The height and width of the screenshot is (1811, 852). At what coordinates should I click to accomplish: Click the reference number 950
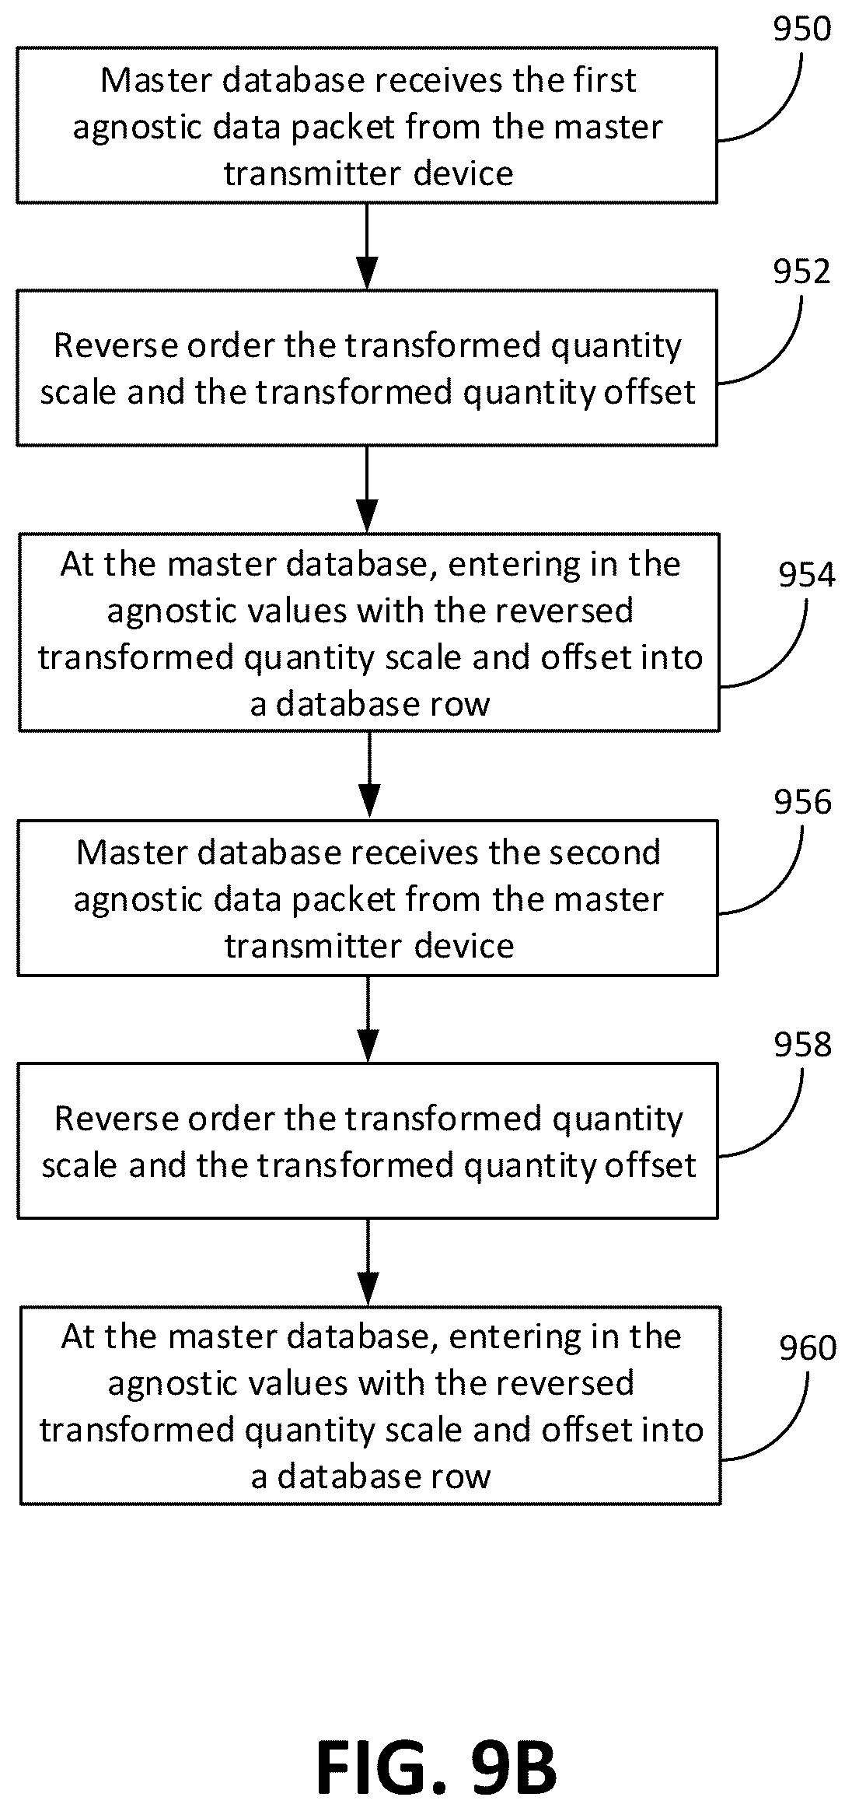point(801,29)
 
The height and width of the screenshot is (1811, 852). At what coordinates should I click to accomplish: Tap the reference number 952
point(801,271)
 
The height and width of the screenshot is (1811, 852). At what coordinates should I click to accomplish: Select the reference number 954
point(807,575)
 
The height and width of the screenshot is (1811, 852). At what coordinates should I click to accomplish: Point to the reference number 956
point(802,802)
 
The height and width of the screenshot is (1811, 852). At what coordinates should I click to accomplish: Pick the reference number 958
point(802,1045)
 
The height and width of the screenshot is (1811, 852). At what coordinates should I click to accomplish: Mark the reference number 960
point(808,1348)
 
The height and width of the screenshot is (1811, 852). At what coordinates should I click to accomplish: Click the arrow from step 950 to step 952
point(367,247)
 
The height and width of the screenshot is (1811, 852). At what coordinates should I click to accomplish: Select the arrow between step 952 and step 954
point(367,489)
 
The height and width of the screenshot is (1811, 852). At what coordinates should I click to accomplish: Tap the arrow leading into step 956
point(369,775)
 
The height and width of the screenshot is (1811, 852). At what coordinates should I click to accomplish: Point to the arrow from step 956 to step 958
point(368,1019)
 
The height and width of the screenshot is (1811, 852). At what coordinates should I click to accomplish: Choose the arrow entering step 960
point(368,1262)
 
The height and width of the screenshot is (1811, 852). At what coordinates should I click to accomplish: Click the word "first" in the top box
point(605,80)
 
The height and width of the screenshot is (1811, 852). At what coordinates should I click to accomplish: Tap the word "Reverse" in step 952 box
point(114,345)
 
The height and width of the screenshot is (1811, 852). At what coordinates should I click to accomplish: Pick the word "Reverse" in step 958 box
point(115,1119)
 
